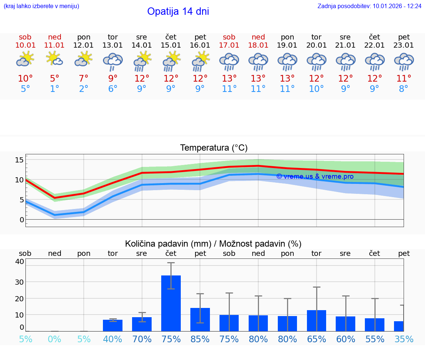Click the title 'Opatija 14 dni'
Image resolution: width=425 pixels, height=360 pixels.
tap(178, 11)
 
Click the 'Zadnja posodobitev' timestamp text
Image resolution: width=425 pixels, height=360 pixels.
tap(369, 6)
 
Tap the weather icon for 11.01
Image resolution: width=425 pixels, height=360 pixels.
tap(54, 59)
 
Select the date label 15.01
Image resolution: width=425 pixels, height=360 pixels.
tap(171, 45)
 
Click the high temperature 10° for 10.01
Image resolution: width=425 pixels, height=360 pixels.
tap(25, 79)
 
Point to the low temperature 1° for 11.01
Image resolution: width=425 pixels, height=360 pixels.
tap(54, 89)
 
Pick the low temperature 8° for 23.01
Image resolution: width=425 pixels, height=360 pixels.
tap(404, 89)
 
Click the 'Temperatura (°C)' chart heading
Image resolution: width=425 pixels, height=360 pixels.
tap(214, 148)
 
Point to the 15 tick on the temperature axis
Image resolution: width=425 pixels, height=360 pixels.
tap(20, 160)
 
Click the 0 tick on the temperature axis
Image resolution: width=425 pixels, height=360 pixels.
tap(22, 220)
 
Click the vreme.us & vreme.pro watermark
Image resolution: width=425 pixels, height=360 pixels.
tap(315, 176)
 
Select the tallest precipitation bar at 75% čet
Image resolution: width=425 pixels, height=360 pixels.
tap(171, 303)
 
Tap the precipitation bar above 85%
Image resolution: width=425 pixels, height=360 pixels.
tap(200, 319)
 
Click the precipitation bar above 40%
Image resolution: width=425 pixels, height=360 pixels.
tap(113, 325)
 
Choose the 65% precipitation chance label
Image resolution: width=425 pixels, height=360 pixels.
tap(317, 339)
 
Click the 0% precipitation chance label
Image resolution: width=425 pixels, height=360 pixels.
tap(54, 339)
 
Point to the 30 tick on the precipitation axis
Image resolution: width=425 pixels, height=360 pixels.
tap(19, 282)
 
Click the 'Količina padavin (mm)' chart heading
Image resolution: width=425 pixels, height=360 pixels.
tap(213, 244)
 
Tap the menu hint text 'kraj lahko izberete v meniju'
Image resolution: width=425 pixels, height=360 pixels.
tap(41, 6)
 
